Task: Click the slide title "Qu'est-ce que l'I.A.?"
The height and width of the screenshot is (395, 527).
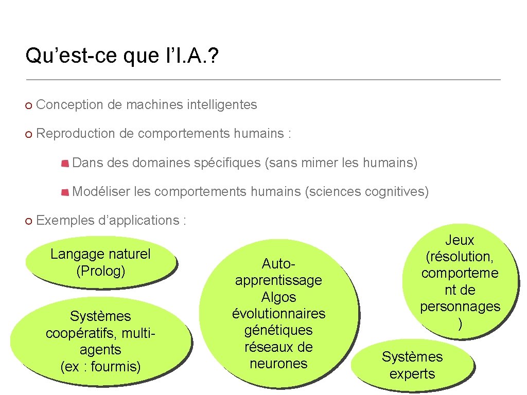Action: tap(121, 56)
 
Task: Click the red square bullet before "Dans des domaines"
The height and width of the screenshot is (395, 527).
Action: tap(65, 164)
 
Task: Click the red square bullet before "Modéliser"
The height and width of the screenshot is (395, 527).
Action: tap(65, 192)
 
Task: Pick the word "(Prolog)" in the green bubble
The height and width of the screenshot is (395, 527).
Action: tap(100, 271)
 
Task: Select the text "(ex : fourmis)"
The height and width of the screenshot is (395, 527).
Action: tap(100, 367)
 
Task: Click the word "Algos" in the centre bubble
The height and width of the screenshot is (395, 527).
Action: tap(278, 297)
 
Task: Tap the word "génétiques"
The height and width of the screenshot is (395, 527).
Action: tap(278, 330)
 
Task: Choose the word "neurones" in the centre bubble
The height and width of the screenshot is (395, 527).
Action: tap(278, 364)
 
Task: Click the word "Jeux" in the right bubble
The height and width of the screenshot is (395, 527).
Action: tap(460, 240)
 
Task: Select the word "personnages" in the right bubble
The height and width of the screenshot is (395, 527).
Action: tap(460, 307)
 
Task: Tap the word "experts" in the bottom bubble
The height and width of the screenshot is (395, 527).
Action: tap(412, 374)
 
